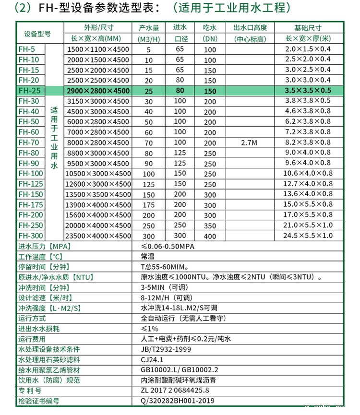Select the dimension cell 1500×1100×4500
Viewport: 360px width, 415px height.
click(98, 50)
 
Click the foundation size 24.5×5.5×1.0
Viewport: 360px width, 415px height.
click(308, 236)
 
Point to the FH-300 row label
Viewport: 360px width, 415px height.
click(31, 236)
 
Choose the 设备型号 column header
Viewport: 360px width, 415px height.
click(37, 33)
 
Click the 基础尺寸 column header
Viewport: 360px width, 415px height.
click(308, 28)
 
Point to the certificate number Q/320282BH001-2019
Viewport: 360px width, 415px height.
click(177, 401)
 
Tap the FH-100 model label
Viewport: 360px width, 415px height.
click(31, 174)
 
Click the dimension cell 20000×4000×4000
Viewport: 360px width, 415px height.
click(98, 225)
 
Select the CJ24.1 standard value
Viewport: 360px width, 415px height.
click(152, 360)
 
